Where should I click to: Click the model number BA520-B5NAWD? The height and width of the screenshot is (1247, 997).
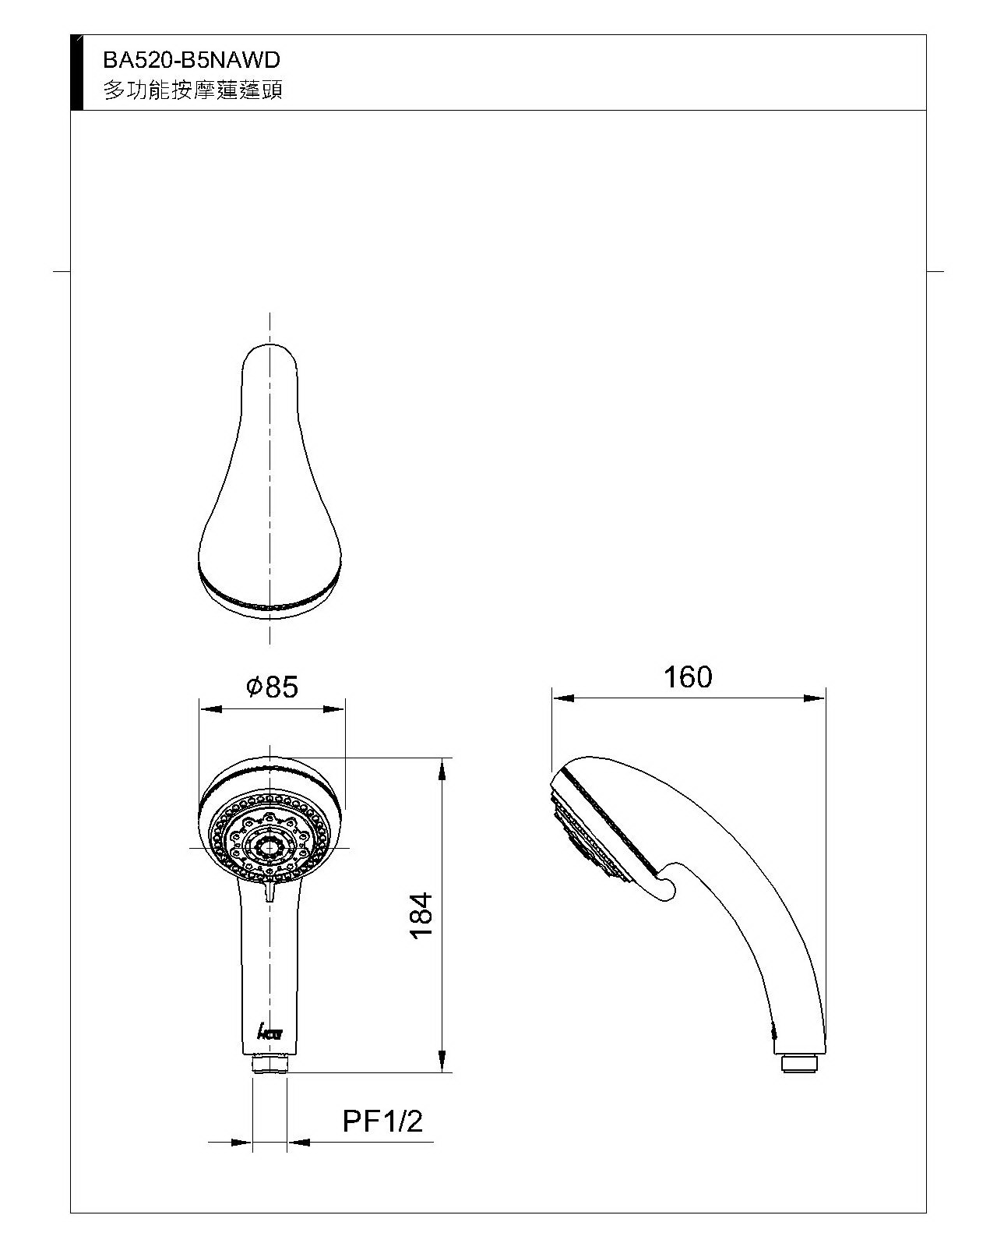pos(191,60)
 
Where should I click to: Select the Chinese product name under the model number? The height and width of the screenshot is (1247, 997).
pos(193,90)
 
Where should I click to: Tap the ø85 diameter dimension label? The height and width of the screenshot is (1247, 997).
pos(273,687)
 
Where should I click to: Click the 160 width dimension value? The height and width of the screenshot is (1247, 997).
pos(688,676)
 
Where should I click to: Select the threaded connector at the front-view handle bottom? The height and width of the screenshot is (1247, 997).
pos(270,1065)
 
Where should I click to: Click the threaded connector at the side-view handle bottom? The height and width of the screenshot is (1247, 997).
pos(799,1065)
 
